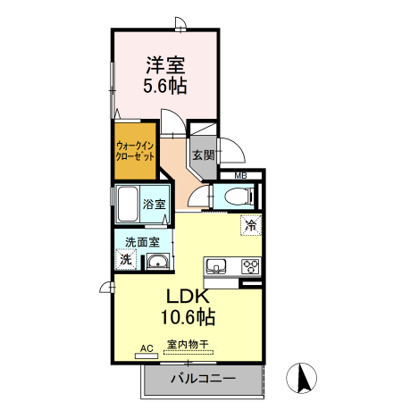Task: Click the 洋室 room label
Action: click(165, 65)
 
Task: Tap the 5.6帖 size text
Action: click(165, 87)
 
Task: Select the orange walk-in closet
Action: click(132, 150)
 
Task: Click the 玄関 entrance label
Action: click(203, 155)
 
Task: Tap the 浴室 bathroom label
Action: click(155, 204)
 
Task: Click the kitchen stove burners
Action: click(248, 265)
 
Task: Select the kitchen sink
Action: click(217, 265)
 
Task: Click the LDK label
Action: click(187, 296)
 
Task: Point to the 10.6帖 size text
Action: click(187, 316)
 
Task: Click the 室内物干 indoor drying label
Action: click(187, 345)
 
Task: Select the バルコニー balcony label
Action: click(202, 379)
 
